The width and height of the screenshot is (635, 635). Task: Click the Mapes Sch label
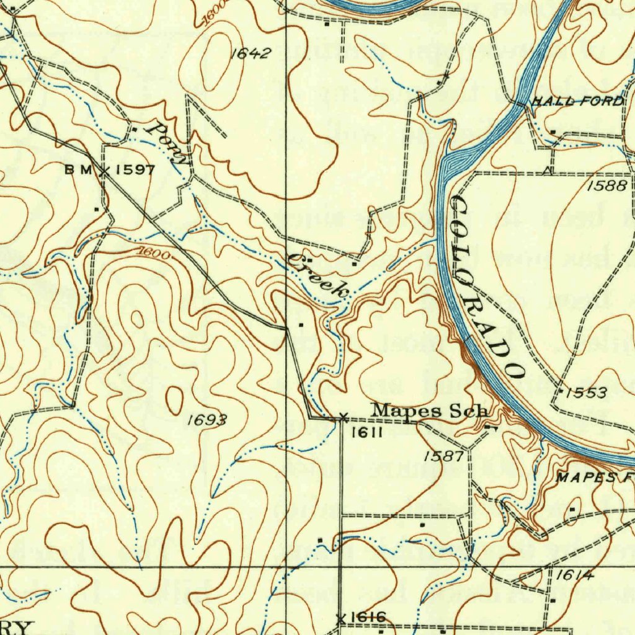click(x=430, y=411)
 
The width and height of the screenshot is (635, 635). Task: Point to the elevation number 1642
click(x=251, y=53)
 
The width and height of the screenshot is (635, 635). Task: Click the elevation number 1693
click(x=206, y=421)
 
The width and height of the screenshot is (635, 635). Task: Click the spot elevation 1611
click(x=363, y=433)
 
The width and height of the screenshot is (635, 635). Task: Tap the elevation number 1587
click(x=443, y=456)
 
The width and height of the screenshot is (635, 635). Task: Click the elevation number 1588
click(x=607, y=185)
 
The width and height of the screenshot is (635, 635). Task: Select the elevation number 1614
click(x=574, y=575)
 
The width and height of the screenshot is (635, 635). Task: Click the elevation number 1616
click(x=368, y=617)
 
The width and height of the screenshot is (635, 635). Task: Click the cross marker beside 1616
click(x=340, y=618)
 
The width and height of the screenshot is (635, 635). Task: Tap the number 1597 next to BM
click(x=135, y=170)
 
